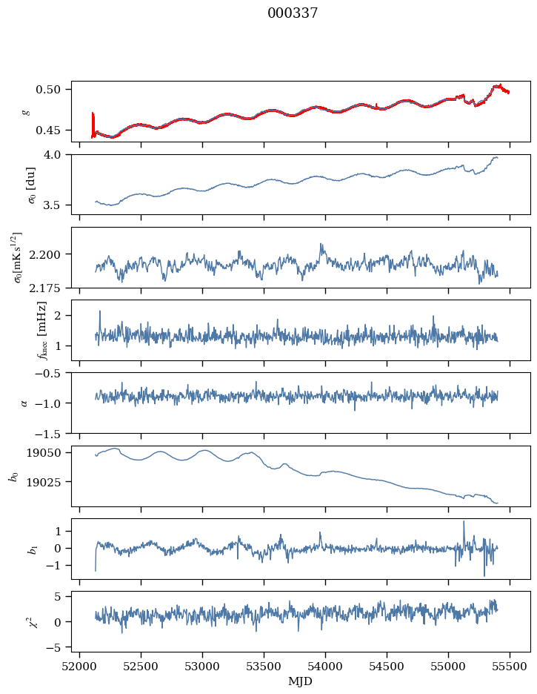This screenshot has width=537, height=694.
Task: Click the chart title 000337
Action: pyautogui.click(x=292, y=13)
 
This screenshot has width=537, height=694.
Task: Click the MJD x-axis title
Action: pyautogui.click(x=300, y=681)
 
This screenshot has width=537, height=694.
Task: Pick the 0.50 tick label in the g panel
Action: pyautogui.click(x=47, y=90)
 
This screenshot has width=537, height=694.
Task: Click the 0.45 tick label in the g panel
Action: pyautogui.click(x=47, y=130)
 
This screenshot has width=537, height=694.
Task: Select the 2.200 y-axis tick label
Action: pyautogui.click(x=44, y=254)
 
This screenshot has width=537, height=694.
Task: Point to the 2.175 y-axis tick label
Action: pyautogui.click(x=44, y=288)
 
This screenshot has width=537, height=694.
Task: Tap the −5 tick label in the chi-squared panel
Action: pyautogui.click(x=53, y=647)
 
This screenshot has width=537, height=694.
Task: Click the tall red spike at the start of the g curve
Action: pyautogui.click(x=93, y=125)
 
